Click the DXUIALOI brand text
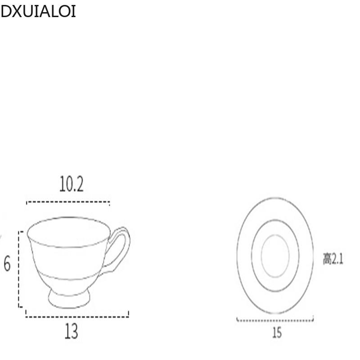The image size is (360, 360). (x=38, y=12)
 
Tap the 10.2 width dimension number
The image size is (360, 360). (x=71, y=184)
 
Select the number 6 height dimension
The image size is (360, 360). (x=7, y=264)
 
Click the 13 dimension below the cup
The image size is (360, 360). (x=71, y=332)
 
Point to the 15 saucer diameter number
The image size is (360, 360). (x=276, y=333)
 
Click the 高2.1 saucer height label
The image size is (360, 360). (x=333, y=259)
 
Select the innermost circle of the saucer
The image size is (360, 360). (x=275, y=256)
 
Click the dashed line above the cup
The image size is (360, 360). (x=67, y=202)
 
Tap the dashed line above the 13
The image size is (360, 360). (x=76, y=316)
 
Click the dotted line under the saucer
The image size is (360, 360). (x=275, y=321)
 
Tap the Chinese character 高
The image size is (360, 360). (x=327, y=259)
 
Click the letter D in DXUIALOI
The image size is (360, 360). (x=5, y=12)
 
